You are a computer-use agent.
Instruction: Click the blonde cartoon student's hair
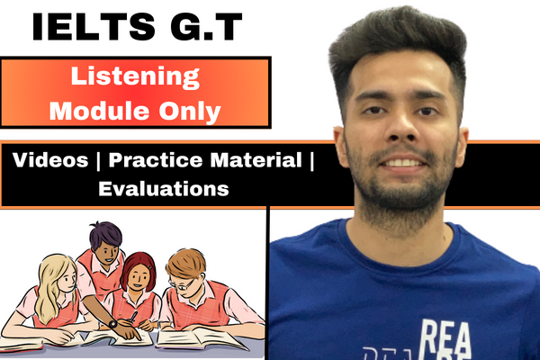[50, 275]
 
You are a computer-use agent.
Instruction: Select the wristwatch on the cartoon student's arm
[112, 323]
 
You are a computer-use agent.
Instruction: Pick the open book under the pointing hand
[117, 337]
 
